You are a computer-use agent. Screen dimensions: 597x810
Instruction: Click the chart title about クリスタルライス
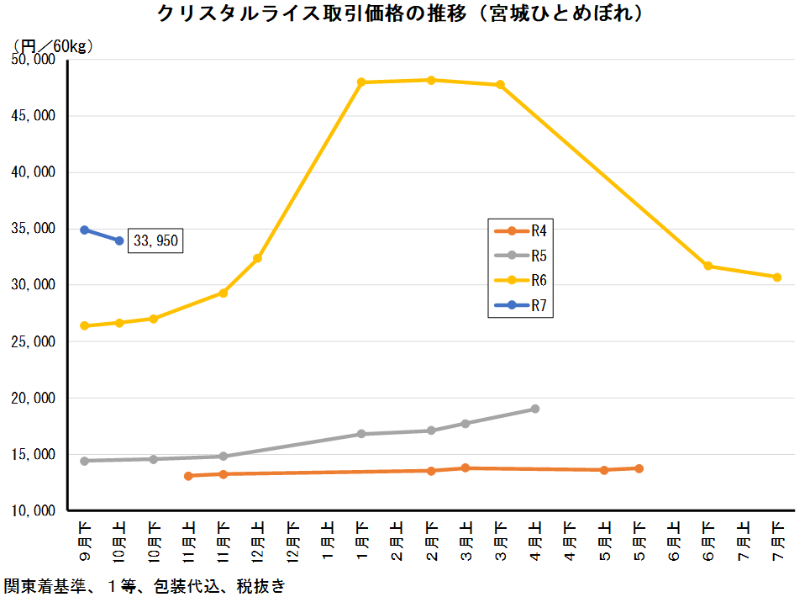coord(403,14)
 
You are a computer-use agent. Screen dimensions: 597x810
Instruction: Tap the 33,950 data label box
coord(155,241)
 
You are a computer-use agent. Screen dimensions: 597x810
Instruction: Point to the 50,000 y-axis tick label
coord(33,60)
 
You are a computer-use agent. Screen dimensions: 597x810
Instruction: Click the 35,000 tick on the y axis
coord(33,229)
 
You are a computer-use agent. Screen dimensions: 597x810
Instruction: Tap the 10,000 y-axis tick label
coord(33,510)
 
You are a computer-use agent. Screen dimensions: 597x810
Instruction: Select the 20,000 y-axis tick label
coord(33,398)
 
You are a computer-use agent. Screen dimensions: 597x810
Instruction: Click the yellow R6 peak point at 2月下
coord(431,80)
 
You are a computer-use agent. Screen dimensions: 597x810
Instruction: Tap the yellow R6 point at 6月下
coord(708,266)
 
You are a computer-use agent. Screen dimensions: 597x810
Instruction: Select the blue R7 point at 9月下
coord(84,230)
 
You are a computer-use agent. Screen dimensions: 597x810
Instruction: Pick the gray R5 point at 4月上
coord(535,409)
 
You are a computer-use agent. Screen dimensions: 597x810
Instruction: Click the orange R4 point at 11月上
coord(188,476)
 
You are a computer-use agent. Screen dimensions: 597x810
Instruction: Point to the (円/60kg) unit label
coord(52,45)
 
